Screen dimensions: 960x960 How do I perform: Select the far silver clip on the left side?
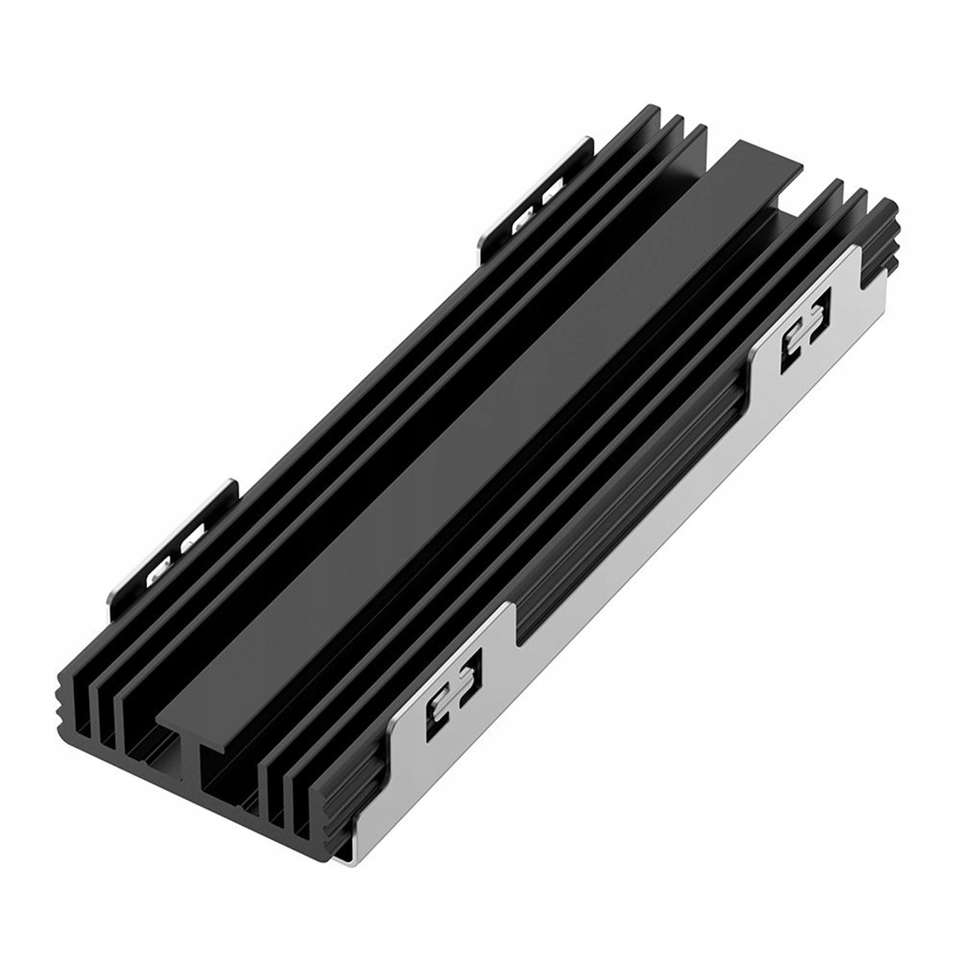click(537, 192)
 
